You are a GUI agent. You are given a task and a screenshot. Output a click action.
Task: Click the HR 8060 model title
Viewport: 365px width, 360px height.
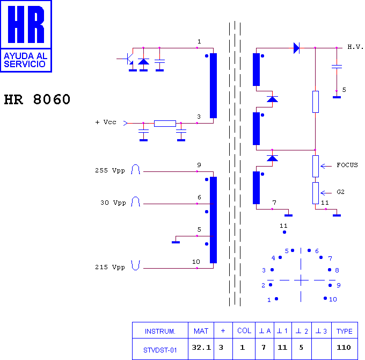coord(37,99)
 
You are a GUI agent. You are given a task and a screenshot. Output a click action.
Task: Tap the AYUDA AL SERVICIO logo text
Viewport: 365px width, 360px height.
coord(26,60)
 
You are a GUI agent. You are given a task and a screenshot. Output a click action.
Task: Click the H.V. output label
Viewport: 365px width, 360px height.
coord(355,47)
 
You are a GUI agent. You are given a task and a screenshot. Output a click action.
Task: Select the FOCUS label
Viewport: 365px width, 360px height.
coord(347,165)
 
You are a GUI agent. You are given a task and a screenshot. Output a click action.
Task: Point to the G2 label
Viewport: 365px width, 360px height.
coord(340,192)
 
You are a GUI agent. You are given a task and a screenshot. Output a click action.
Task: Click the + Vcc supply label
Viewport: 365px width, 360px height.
coord(106,122)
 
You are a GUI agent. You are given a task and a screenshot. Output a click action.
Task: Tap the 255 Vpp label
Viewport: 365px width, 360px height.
coord(110,170)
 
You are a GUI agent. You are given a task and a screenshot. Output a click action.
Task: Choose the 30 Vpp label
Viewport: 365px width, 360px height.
coord(113,203)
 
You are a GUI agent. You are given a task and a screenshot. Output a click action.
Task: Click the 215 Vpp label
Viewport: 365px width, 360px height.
coord(110,267)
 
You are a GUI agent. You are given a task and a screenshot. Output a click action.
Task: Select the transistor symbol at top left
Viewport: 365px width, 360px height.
coord(128,59)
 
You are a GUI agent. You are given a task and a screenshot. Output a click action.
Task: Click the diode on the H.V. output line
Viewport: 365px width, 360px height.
coord(296,48)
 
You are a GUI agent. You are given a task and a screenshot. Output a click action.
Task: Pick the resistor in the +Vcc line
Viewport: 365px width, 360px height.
coord(165,123)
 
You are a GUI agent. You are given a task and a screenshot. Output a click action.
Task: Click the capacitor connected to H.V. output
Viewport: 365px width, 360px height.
coord(337,67)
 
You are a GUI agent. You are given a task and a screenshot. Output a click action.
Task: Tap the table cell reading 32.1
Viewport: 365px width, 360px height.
coord(201,348)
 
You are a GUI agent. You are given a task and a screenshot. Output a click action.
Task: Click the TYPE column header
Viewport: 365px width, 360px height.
coord(344,331)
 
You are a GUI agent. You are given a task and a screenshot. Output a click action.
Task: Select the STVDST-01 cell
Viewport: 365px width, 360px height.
coord(160,350)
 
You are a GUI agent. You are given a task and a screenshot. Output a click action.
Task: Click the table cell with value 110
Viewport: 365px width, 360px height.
coord(344,348)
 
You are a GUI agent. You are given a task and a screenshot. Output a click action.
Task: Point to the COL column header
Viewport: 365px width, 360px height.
coord(244,330)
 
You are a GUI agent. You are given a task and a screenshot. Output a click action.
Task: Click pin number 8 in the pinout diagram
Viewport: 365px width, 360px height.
coord(337,270)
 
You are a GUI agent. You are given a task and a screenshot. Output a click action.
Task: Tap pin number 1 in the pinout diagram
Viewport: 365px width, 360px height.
coord(269,300)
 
